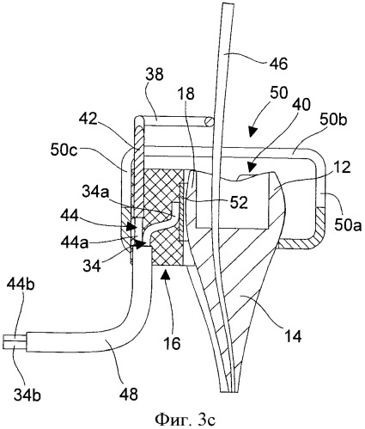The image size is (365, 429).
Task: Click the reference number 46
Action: tap(279, 64)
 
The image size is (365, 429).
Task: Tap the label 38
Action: tap(154, 75)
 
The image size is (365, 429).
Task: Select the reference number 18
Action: tap(186, 94)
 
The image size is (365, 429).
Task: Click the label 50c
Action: tap(64, 150)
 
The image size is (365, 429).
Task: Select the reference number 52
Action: tap(239, 202)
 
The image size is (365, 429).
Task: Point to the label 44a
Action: tap(75, 242)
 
